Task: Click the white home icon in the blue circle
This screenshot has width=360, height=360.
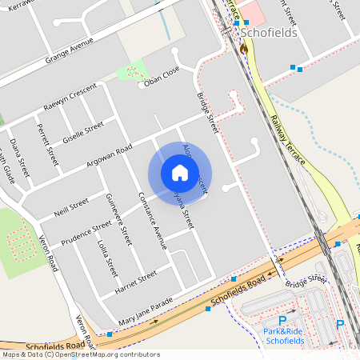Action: tap(179, 173)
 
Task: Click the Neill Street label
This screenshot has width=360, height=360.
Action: tap(70, 207)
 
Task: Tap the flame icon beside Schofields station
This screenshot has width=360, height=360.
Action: tap(243, 49)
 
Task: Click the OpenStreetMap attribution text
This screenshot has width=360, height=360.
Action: tap(80, 354)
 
